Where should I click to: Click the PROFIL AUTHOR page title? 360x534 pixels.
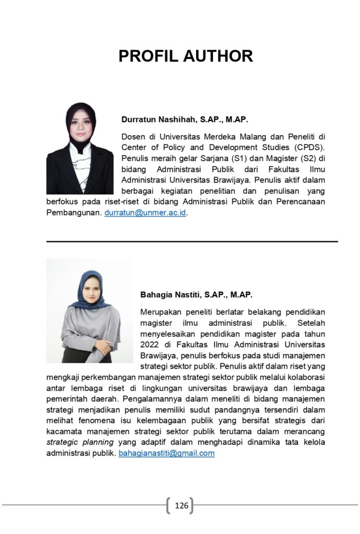185,56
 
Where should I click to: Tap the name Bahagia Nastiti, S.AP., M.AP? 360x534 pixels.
196,295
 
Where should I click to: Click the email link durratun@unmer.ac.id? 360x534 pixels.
145,213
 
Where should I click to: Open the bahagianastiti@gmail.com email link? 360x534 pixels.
166,453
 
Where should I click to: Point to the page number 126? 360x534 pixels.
181,505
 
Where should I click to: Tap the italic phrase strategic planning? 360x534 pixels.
80,442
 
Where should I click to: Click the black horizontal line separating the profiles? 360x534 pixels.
192,241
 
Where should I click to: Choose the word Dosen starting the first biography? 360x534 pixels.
133,137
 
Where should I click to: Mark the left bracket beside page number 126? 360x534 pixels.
168,505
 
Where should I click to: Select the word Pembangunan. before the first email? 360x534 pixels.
74,213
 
